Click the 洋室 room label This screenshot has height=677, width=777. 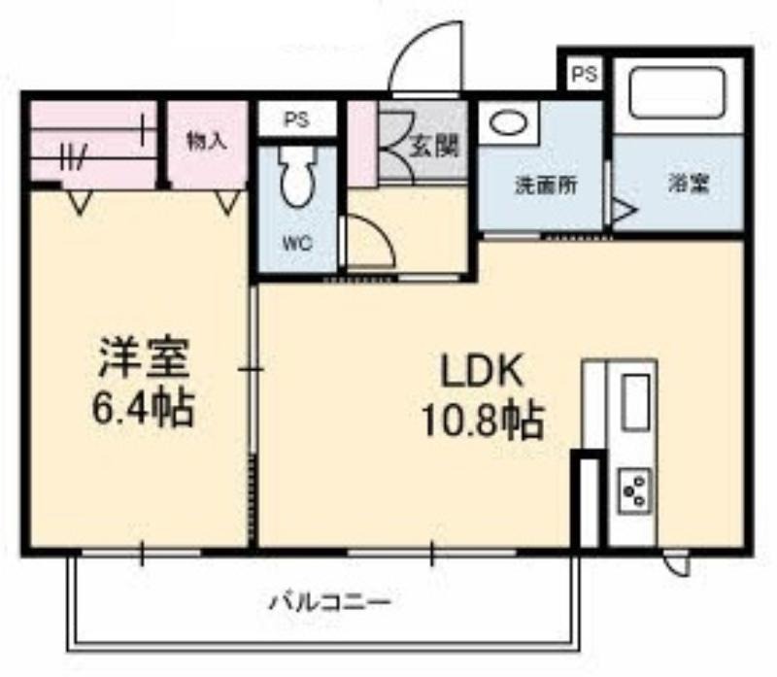(145, 358)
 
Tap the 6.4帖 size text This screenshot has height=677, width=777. (142, 410)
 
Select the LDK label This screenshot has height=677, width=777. (483, 372)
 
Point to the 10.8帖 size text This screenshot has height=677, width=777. (482, 422)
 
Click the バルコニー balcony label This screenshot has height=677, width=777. (330, 603)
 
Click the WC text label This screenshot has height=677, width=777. (297, 243)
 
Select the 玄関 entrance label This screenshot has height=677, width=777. (434, 147)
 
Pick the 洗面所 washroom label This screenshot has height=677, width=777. (546, 186)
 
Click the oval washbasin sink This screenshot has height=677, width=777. (508, 123)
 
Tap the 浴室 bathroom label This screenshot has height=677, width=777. (690, 185)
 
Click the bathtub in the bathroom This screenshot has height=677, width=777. (678, 93)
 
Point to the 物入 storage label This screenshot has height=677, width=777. (207, 142)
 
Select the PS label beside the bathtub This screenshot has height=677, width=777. (585, 75)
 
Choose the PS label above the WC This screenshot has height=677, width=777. (296, 119)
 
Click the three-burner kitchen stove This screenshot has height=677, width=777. (634, 491)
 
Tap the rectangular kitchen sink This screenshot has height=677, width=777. (635, 402)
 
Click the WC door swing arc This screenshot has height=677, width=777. (378, 232)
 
